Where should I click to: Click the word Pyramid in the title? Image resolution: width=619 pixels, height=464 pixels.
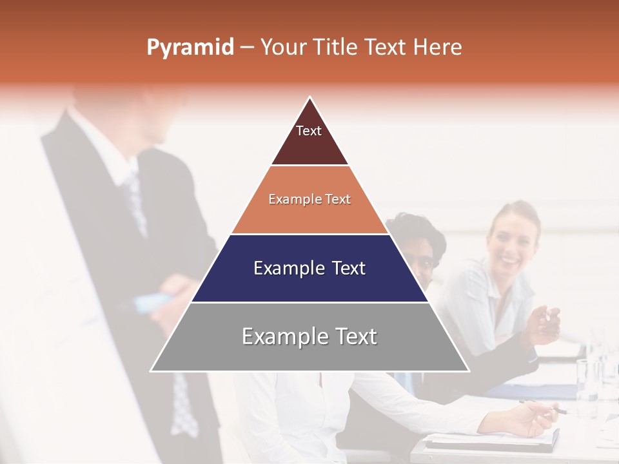pos(190,48)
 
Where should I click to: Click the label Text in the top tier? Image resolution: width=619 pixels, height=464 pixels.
pos(309,131)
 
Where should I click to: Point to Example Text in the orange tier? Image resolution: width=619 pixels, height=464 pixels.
pos(309,199)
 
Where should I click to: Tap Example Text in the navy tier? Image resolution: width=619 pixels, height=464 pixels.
pos(309,268)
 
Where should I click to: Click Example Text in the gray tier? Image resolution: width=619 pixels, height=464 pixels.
pos(309,336)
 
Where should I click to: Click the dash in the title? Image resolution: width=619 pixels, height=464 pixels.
pos(247,48)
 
